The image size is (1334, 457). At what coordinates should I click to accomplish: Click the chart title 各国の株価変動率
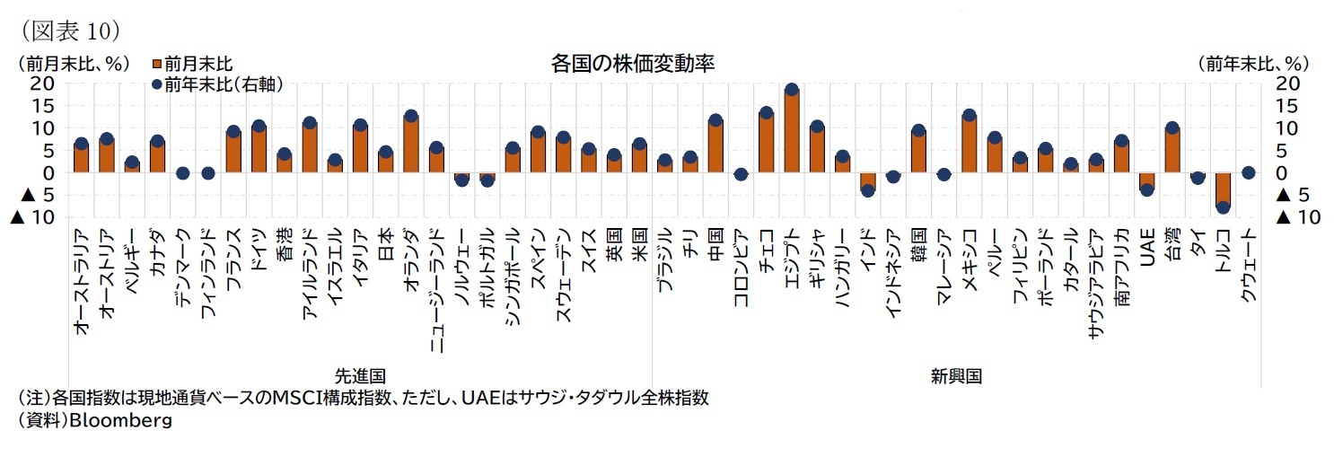tap(633, 64)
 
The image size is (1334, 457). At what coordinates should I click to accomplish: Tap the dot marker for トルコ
tap(1222, 207)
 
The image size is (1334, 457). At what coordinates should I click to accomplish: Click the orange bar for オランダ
tap(410, 145)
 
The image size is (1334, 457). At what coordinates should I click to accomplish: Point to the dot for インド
tap(867, 190)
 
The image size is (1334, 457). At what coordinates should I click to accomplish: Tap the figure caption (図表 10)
tap(65, 31)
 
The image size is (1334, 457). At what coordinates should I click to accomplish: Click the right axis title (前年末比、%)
tap(1253, 64)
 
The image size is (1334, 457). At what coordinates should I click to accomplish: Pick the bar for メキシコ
tap(969, 145)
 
